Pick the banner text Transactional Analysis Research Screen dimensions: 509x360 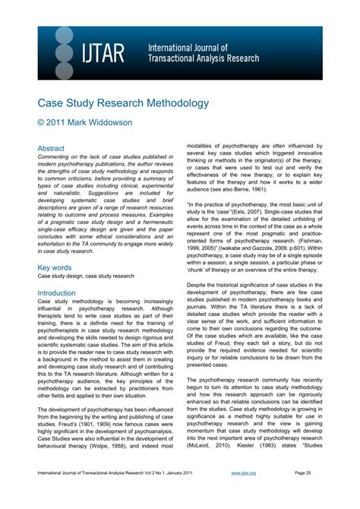pos(204,58)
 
